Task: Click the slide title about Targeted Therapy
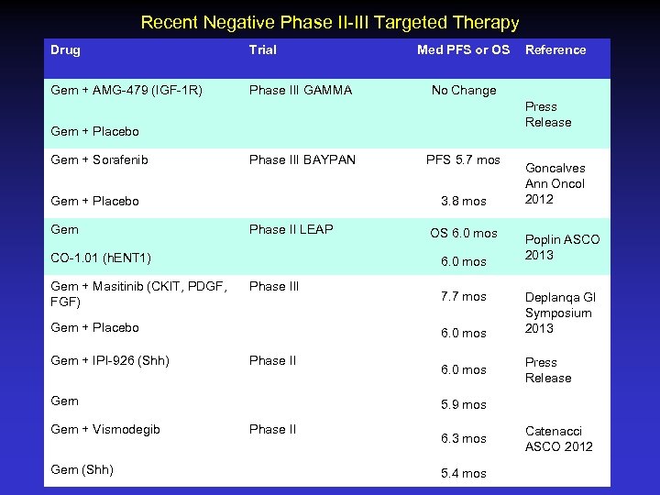click(330, 22)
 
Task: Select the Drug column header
click(66, 49)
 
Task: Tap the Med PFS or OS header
click(463, 49)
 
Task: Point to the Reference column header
click(555, 49)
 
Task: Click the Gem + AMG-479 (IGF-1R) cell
click(126, 90)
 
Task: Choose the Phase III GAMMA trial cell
click(301, 90)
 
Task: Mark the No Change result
click(464, 90)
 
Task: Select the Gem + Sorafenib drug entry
click(100, 160)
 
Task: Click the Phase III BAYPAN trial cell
click(302, 160)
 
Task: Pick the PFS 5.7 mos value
click(463, 160)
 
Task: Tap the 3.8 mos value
click(463, 201)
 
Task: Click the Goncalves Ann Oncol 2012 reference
click(555, 183)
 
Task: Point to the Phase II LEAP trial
click(291, 229)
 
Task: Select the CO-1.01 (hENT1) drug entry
click(102, 258)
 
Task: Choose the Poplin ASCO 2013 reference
click(562, 247)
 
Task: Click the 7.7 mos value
click(463, 297)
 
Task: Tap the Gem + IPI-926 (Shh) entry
click(110, 360)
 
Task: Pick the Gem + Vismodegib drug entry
click(105, 429)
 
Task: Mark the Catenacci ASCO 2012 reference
click(558, 438)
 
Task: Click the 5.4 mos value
click(463, 473)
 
